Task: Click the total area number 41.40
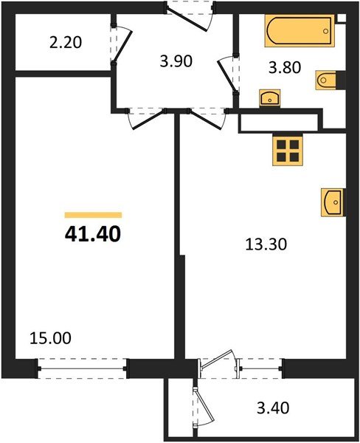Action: pos(93,236)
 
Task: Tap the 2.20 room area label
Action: pos(64,43)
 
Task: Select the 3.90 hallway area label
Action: pos(176,61)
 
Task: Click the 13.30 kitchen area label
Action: pos(263,241)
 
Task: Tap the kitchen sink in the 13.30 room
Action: pos(332,202)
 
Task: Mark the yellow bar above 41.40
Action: pos(93,214)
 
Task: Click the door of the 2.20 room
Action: pos(120,47)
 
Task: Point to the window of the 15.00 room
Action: pos(83,367)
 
